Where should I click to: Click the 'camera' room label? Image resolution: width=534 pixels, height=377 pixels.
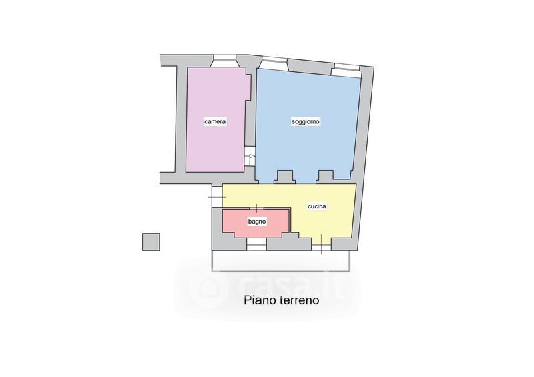coord(216,122)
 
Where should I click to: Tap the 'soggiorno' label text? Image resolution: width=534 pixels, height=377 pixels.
coord(306,122)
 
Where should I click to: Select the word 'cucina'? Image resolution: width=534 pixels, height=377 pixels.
coord(317,206)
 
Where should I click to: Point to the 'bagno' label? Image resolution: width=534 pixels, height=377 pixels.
coord(257,221)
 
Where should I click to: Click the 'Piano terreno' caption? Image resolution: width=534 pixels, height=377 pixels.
coord(281,300)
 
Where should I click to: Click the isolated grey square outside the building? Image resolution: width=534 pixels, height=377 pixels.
coord(151,241)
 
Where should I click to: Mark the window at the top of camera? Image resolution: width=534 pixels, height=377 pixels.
coord(224,57)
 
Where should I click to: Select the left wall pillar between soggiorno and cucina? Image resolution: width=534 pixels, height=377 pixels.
coord(285,177)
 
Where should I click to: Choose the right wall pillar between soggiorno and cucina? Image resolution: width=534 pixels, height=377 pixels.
coord(326,177)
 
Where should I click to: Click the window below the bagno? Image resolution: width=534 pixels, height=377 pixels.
coord(256,246)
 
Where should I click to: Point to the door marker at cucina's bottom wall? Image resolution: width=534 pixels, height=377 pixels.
coord(321,245)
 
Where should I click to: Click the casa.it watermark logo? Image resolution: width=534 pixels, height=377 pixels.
coord(267,286)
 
